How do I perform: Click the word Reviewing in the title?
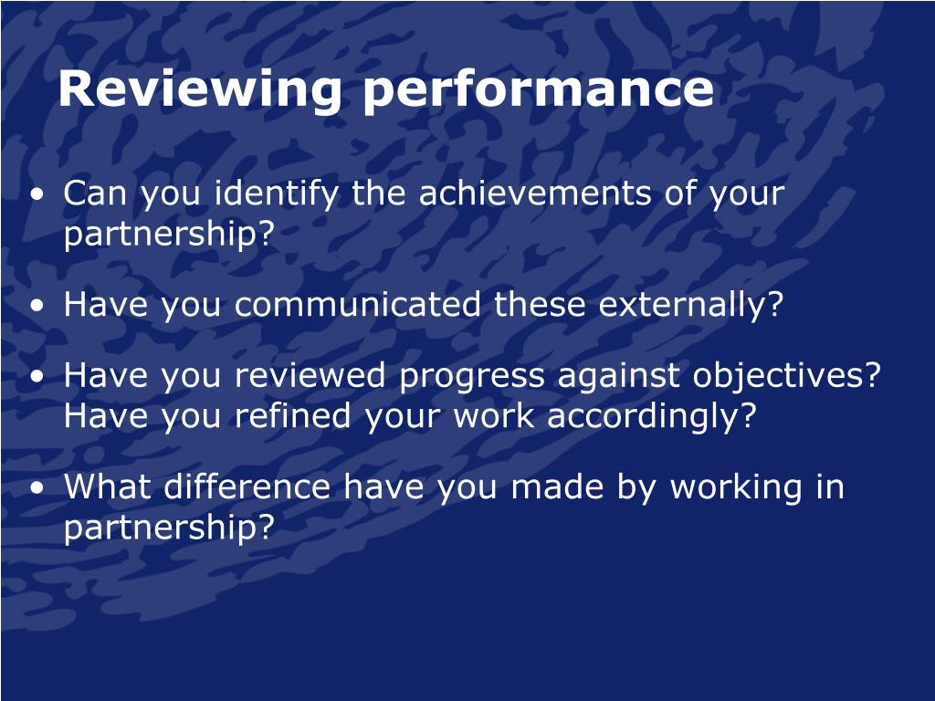pos(200,89)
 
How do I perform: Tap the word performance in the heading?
pos(538,90)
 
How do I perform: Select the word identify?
pos(276,194)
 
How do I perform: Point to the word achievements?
pos(535,194)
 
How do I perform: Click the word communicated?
pos(357,305)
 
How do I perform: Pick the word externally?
pos(690,306)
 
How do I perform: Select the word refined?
pos(292,415)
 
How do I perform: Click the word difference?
pos(247,487)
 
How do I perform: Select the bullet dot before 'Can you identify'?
pos(38,194)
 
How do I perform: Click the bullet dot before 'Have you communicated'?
pos(38,306)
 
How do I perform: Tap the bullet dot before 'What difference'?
pos(38,488)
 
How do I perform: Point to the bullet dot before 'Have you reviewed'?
pos(38,377)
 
